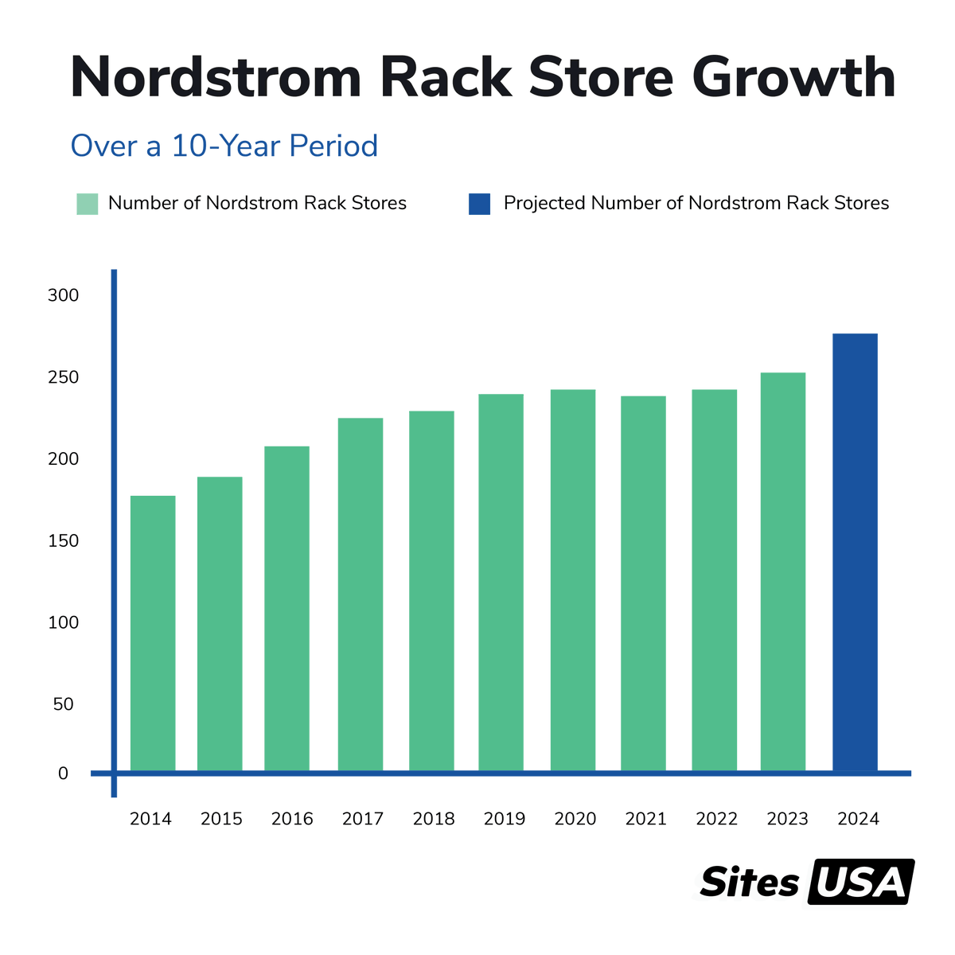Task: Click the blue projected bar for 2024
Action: click(855, 552)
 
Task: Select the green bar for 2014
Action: click(153, 633)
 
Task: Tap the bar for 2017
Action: click(360, 594)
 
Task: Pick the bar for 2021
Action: click(643, 583)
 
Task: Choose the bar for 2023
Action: click(782, 571)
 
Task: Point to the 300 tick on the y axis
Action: click(63, 295)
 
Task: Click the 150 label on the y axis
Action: click(63, 541)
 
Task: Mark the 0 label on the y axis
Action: click(63, 774)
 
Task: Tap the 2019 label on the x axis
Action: click(505, 819)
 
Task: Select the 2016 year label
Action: click(292, 819)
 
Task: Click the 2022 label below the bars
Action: click(716, 819)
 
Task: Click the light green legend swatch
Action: click(87, 204)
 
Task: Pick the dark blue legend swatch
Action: click(479, 204)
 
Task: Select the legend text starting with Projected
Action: click(696, 204)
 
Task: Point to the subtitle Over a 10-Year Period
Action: click(224, 146)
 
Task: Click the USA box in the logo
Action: click(860, 882)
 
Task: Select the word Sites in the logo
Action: click(749, 883)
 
